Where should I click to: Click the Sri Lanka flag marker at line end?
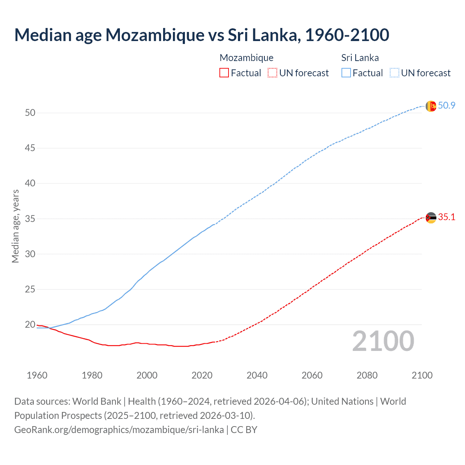[x=430, y=106]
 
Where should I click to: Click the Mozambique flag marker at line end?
[x=430, y=218]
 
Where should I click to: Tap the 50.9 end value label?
[x=446, y=106]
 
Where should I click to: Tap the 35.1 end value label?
[x=446, y=217]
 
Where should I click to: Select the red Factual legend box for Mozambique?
[x=224, y=73]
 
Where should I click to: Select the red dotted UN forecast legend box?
[x=272, y=73]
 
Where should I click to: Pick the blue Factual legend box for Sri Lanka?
[x=346, y=73]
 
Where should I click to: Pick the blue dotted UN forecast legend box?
[x=394, y=73]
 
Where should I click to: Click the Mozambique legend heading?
[x=246, y=58]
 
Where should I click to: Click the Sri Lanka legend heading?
[x=360, y=58]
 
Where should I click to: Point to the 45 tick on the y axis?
[x=30, y=148]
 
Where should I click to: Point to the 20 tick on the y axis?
[x=30, y=325]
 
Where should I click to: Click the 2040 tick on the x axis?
[x=257, y=375]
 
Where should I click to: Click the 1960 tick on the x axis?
[x=37, y=375]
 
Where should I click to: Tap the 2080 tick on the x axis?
[x=367, y=375]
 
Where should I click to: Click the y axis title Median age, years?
[x=15, y=226]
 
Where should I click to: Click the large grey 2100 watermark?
[x=383, y=341]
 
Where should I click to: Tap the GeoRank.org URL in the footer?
[x=119, y=430]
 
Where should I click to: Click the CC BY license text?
[x=244, y=430]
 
